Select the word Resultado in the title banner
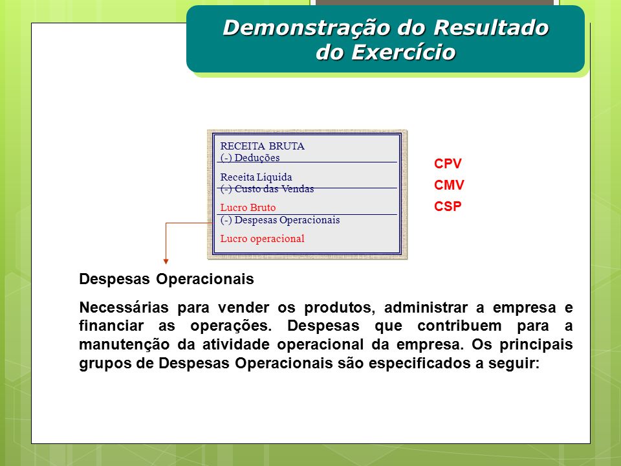tap(491, 27)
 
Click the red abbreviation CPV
tap(448, 164)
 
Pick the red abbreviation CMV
tap(449, 185)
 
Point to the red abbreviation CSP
tap(448, 206)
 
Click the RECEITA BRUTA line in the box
tap(262, 146)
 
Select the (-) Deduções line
tap(250, 158)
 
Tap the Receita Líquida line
tap(256, 177)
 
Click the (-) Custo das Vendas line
tap(267, 188)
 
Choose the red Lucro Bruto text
tap(248, 208)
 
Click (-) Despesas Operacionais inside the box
tap(280, 220)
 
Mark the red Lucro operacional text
tap(262, 239)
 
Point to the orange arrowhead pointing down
tap(166, 261)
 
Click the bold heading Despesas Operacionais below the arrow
tap(166, 280)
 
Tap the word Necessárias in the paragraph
tap(124, 307)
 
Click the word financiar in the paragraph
tap(111, 326)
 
